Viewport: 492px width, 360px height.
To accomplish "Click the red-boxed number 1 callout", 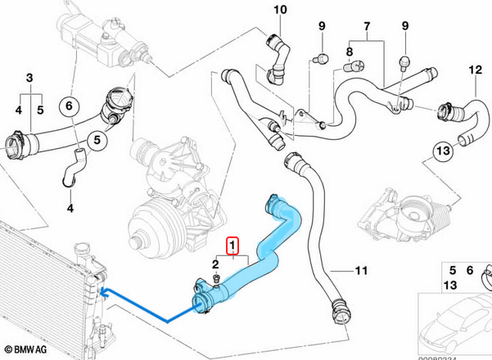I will pos(233,245).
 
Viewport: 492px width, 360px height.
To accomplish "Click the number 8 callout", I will pos(349,53).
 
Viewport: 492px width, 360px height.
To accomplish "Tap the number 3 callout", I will pos(29,78).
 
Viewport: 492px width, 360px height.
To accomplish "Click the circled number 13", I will pos(441,151).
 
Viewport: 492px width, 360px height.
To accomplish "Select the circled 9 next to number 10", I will pos(321,27).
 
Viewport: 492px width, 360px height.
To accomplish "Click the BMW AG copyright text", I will pos(26,349).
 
